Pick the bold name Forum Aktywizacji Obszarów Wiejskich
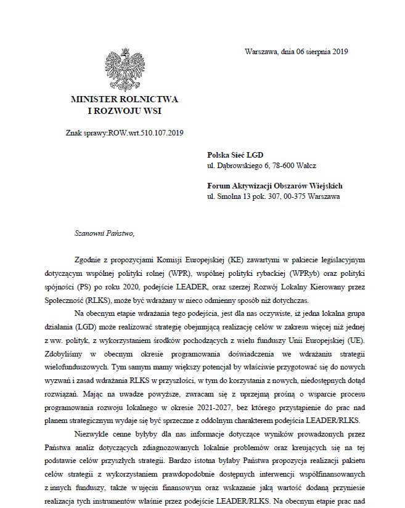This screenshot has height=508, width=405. pos(275,185)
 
